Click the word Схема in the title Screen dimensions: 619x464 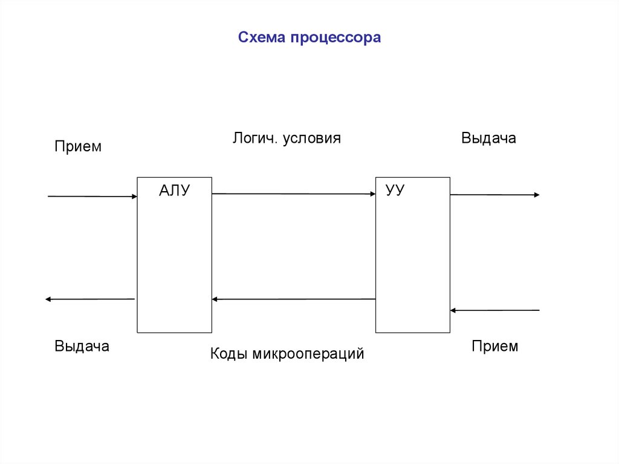point(262,37)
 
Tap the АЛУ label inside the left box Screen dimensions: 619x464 point(175,191)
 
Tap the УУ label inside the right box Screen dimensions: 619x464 point(395,190)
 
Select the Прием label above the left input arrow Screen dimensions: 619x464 point(78,146)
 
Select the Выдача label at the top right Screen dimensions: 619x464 point(488,139)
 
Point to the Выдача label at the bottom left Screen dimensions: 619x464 point(82,346)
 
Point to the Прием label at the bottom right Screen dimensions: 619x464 point(494,346)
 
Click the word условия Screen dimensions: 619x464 point(312,139)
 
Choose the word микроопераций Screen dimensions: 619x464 point(308,354)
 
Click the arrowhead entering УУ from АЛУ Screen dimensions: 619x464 point(372,194)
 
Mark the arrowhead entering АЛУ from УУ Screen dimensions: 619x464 point(215,299)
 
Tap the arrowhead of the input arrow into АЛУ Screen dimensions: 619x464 point(134,197)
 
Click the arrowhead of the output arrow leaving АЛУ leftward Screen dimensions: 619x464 point(48,299)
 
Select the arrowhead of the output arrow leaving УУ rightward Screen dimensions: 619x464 point(537,195)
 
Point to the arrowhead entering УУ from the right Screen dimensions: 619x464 point(453,311)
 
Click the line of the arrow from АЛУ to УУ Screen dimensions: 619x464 point(294,194)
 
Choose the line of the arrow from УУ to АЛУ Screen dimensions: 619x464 point(294,299)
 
